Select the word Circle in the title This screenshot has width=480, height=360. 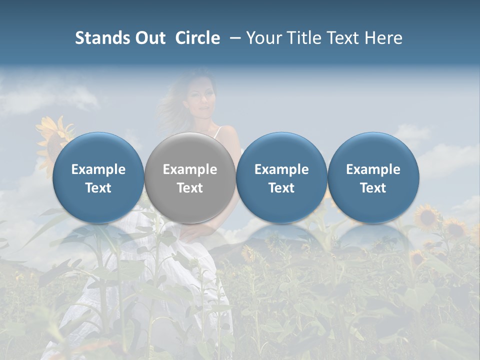[x=197, y=38]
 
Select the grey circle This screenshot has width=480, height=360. [x=190, y=177]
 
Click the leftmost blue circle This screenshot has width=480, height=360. [x=98, y=177]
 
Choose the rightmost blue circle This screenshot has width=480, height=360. [x=373, y=177]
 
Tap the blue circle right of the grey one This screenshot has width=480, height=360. [x=281, y=177]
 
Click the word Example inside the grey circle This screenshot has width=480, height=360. [x=190, y=169]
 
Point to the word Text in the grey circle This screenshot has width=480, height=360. [x=190, y=188]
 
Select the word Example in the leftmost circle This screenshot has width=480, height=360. [x=98, y=169]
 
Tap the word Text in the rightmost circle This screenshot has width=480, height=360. [x=373, y=188]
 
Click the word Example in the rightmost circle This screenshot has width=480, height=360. [x=373, y=169]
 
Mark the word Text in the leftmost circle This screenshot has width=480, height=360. [x=98, y=188]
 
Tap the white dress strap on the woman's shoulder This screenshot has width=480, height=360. [x=217, y=132]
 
